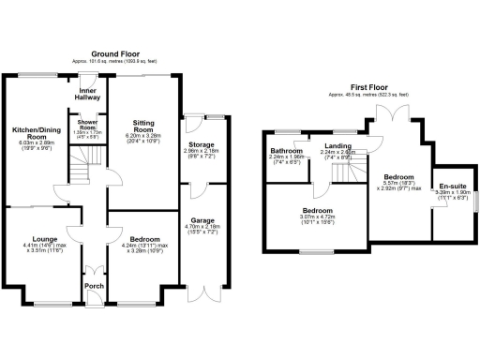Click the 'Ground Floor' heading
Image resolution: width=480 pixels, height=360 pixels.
click(x=115, y=55)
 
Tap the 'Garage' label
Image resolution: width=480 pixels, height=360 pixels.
click(x=202, y=219)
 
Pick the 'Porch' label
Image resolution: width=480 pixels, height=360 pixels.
click(x=94, y=287)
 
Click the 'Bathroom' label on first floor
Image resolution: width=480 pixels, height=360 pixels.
click(x=286, y=151)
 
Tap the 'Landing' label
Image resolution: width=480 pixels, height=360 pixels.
click(x=338, y=146)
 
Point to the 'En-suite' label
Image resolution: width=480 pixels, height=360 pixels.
click(x=455, y=185)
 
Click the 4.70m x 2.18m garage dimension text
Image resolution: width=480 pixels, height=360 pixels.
click(x=202, y=226)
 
